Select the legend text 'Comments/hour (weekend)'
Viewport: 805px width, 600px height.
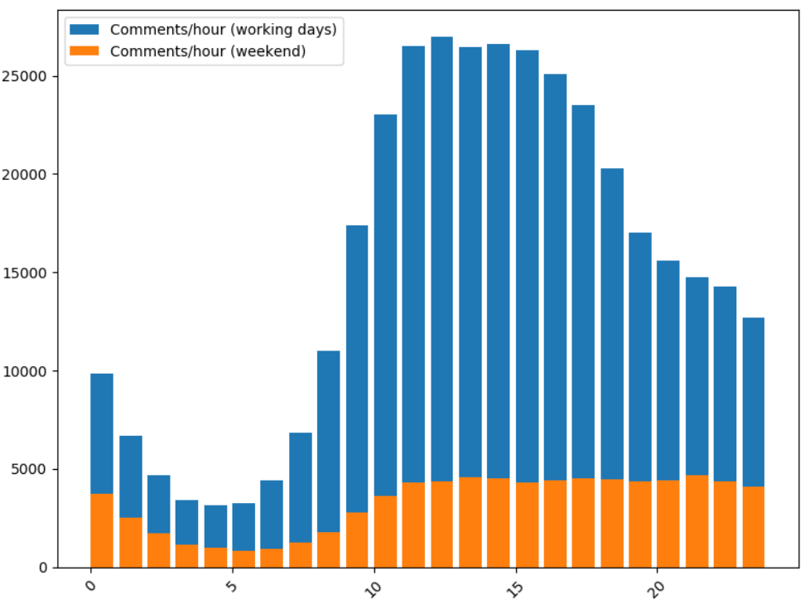coord(208,51)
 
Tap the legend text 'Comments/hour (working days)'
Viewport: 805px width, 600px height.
coord(223,29)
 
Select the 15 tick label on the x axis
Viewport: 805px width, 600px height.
coord(515,585)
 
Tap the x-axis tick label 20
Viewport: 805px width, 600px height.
coord(657,585)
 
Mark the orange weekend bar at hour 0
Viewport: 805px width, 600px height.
coord(102,530)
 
